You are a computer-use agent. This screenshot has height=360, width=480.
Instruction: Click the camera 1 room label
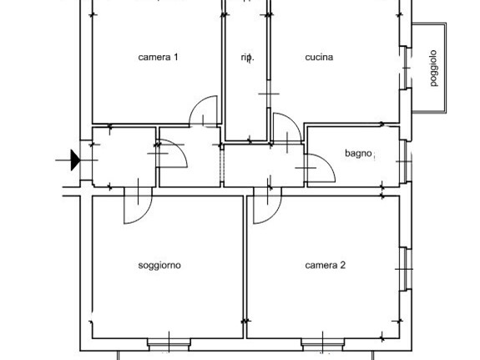click(x=159, y=58)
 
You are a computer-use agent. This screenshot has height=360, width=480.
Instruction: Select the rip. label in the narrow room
click(x=246, y=58)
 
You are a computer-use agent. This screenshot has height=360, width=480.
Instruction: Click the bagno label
click(x=359, y=153)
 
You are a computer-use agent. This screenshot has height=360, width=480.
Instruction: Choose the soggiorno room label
click(x=159, y=266)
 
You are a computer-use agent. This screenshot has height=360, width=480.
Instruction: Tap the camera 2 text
click(x=325, y=266)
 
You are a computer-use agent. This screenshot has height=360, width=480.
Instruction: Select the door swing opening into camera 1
click(x=204, y=112)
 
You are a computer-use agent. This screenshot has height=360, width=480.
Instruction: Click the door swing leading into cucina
click(x=286, y=128)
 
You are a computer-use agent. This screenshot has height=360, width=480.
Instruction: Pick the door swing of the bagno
click(x=320, y=168)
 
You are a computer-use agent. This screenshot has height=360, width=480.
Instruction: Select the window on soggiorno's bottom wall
click(x=169, y=342)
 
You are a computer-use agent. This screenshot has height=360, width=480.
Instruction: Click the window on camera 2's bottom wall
click(x=323, y=342)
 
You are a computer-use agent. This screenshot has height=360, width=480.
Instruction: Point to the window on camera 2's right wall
click(x=405, y=268)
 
